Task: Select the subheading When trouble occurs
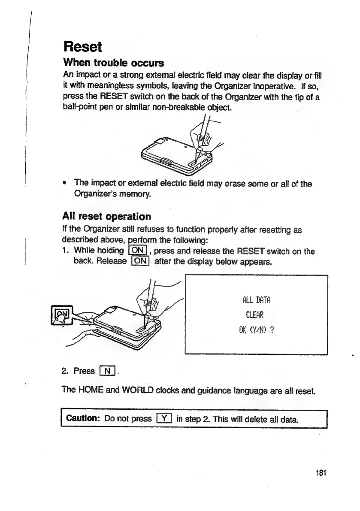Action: pos(113,63)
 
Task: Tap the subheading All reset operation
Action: pos(107,216)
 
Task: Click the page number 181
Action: pos(320,473)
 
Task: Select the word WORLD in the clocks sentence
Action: pos(133,391)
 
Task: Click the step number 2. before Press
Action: pos(66,370)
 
